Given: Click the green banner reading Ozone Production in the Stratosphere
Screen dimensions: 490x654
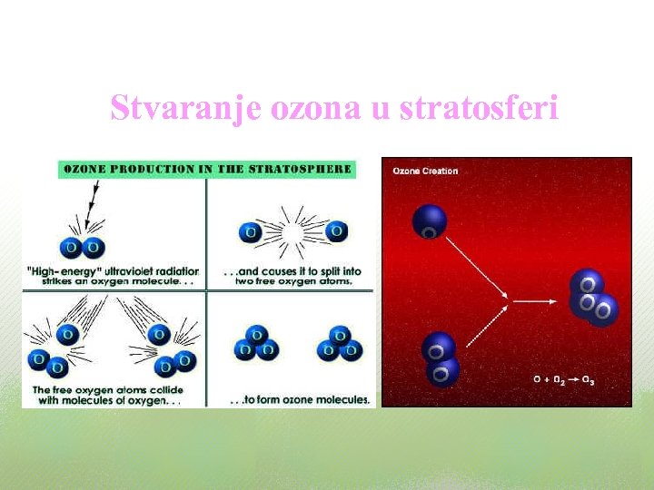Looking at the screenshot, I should pyautogui.click(x=206, y=169).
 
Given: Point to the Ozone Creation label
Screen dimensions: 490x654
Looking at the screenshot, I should pyautogui.click(x=425, y=171).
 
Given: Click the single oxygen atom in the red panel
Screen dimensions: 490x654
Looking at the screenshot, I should pyautogui.click(x=430, y=221).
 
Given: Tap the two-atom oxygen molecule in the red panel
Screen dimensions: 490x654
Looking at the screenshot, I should pyautogui.click(x=441, y=358).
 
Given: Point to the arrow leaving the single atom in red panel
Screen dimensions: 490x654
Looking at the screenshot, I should pyautogui.click(x=478, y=267).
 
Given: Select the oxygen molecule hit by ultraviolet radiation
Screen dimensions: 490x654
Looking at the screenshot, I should pyautogui.click(x=82, y=247).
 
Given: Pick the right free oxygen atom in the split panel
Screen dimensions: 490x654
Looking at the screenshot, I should pyautogui.click(x=336, y=231).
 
